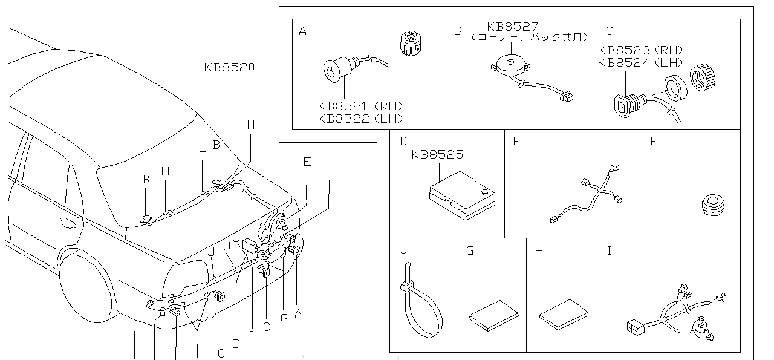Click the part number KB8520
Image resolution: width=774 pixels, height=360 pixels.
tap(230, 67)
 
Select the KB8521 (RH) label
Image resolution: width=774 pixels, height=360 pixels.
tap(360, 106)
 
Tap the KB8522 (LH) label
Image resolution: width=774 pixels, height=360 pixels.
tap(360, 119)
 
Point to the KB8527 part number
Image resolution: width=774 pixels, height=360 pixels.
tap(513, 27)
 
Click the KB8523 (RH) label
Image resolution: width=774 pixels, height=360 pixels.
tap(640, 51)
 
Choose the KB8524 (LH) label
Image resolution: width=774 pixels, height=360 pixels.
tap(640, 62)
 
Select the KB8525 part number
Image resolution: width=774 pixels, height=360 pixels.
tap(437, 155)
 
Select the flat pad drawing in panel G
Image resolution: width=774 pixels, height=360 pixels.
tap(493, 315)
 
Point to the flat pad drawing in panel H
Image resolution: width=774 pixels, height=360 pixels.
tap(564, 314)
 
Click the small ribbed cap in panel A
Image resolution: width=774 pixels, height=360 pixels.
tap(411, 44)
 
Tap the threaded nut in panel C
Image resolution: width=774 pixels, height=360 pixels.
tap(703, 77)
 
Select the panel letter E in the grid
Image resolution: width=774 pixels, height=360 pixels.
tap(516, 142)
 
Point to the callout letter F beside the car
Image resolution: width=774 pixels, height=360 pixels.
tap(328, 171)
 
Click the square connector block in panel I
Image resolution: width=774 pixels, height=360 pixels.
tap(635, 327)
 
